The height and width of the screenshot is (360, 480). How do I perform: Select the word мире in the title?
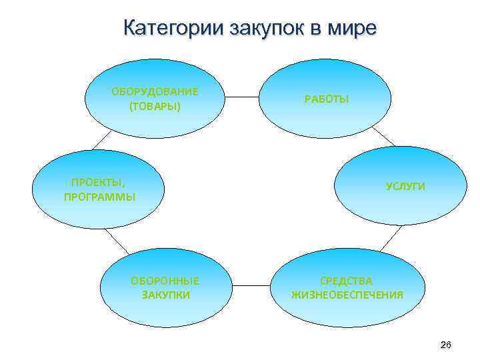[353, 29]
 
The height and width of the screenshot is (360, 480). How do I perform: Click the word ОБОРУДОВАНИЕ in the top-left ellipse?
[155, 92]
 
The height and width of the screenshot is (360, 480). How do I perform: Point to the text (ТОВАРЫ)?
[155, 106]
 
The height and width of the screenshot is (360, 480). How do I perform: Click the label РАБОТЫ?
[327, 99]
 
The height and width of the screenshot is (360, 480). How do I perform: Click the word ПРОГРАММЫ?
[99, 197]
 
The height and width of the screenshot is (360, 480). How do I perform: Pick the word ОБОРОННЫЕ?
[165, 281]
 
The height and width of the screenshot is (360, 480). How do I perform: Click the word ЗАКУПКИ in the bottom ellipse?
[166, 294]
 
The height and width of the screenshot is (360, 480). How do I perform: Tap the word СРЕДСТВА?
[347, 281]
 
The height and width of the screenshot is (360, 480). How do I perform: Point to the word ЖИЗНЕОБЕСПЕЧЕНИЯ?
[347, 294]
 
